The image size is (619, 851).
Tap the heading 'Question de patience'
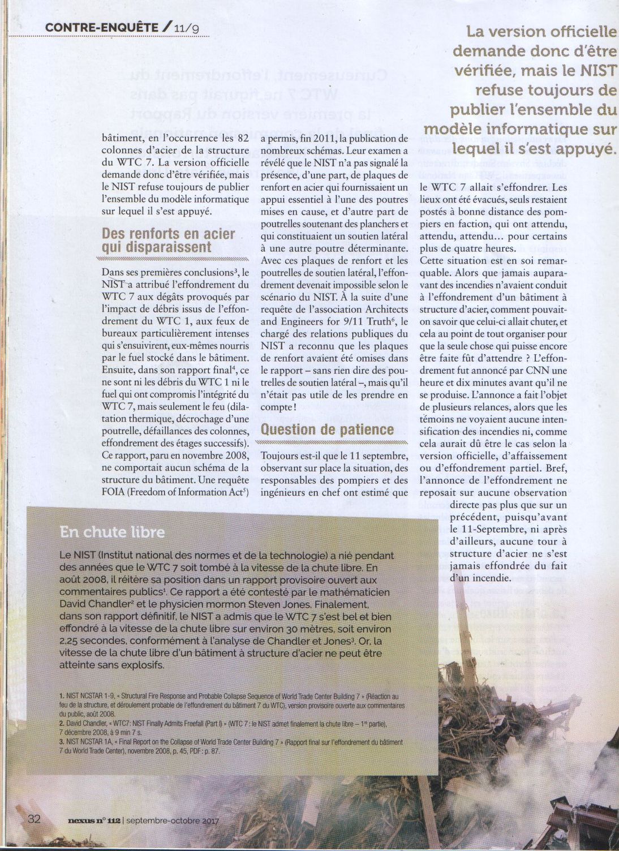327,429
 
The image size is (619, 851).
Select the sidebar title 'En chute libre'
112,532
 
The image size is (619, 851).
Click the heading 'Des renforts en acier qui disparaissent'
168,240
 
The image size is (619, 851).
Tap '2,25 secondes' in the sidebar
93,641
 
